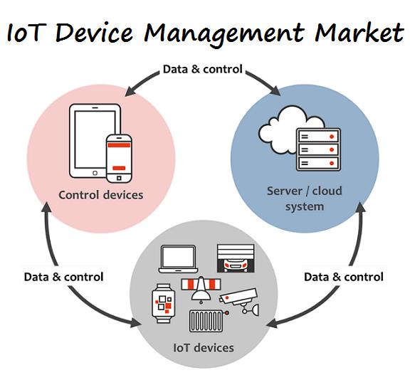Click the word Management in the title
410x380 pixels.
(x=224, y=34)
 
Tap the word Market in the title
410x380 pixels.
(x=359, y=32)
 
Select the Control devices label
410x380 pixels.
(x=100, y=195)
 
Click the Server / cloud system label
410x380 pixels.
(x=305, y=199)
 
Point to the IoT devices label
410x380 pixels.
(x=204, y=347)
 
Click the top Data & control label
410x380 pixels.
(x=203, y=69)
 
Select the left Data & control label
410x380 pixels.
(x=63, y=277)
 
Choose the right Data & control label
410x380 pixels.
(x=344, y=277)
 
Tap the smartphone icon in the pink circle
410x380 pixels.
(x=119, y=159)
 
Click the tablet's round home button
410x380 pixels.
(x=95, y=173)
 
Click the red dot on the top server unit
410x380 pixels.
(x=332, y=137)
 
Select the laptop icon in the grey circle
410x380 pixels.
(x=178, y=259)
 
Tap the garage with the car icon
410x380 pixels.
(x=236, y=258)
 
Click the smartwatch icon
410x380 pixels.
(x=164, y=303)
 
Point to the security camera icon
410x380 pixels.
(x=239, y=300)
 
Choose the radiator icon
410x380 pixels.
(x=209, y=321)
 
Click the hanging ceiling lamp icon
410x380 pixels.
(x=201, y=290)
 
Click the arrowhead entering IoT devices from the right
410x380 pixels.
(x=272, y=323)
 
